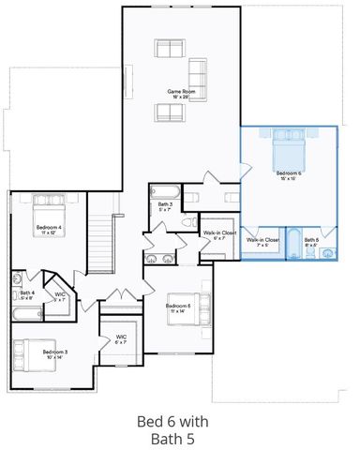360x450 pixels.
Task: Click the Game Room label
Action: pyautogui.click(x=179, y=93)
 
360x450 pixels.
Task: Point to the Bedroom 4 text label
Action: pyautogui.click(x=49, y=228)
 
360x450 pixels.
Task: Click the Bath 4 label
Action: pyautogui.click(x=28, y=293)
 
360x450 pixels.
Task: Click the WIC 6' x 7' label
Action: pyautogui.click(x=121, y=338)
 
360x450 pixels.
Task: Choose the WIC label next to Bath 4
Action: pyautogui.click(x=59, y=295)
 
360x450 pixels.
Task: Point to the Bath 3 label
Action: pyautogui.click(x=165, y=205)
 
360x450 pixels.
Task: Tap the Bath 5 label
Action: pyautogui.click(x=311, y=241)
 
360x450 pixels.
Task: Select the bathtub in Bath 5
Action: pyautogui.click(x=293, y=245)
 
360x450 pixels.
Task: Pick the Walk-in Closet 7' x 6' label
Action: pyautogui.click(x=263, y=242)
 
